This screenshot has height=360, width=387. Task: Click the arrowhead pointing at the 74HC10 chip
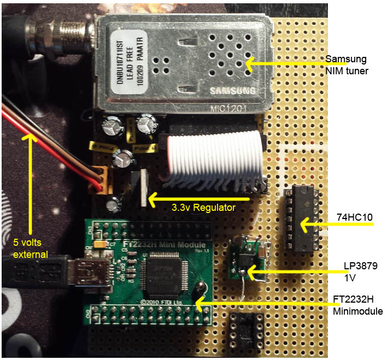tap(303, 223)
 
